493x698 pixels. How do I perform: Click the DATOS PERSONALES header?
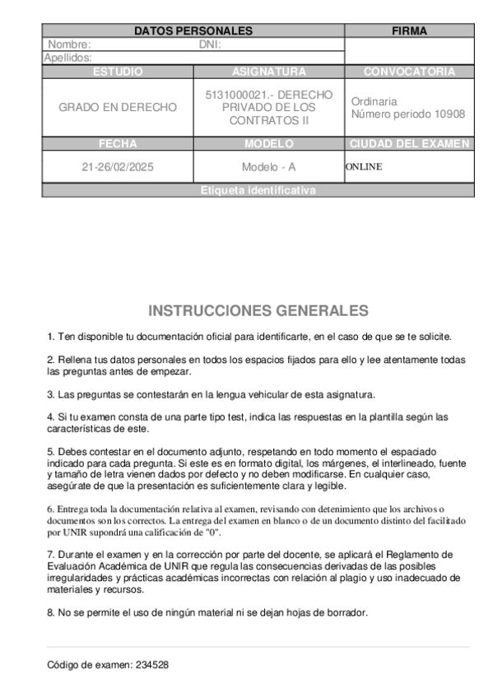point(193,31)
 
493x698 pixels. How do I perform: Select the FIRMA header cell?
point(409,31)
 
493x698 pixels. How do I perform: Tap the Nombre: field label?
point(69,44)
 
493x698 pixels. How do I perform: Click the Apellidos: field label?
point(67,58)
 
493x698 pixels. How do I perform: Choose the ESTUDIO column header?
point(118,72)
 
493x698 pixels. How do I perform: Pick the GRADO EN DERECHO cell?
point(118,107)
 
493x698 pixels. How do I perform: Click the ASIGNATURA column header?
point(268,72)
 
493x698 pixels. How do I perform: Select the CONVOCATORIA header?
point(409,72)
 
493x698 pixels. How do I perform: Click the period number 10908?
point(449,114)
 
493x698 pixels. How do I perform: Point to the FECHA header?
point(118,143)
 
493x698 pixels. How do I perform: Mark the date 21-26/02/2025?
point(118,166)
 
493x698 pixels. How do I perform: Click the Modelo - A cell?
point(268,166)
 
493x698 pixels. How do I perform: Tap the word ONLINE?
point(364,166)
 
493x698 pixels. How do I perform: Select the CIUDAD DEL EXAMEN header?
point(409,143)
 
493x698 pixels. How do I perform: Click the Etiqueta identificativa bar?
point(258,190)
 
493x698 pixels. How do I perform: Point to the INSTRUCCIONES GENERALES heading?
point(258,310)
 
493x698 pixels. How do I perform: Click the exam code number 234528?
point(152,664)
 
